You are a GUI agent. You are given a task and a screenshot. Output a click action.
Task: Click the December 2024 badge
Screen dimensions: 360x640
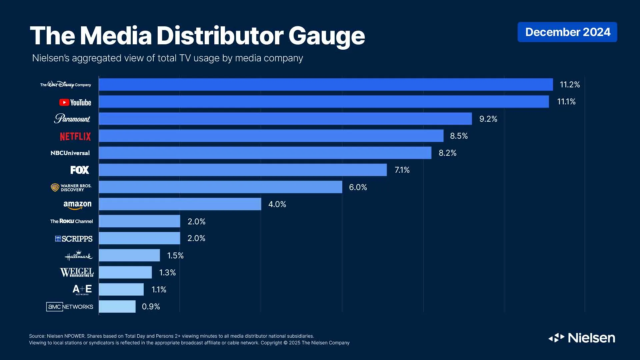tap(567, 32)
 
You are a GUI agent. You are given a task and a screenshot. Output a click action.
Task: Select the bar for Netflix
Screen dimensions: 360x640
tap(271, 136)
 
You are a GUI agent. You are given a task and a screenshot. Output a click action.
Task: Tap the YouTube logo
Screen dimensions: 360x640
tap(75, 102)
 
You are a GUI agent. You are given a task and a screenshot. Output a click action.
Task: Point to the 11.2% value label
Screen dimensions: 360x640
tap(570, 85)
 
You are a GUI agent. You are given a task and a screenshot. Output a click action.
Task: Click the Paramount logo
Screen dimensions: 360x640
tap(72, 119)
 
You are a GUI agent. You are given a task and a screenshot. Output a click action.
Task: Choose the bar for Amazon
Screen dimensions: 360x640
tap(180, 204)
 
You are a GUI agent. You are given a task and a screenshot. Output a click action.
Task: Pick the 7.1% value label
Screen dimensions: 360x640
tap(402, 170)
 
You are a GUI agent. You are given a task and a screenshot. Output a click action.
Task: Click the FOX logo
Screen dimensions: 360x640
tap(80, 170)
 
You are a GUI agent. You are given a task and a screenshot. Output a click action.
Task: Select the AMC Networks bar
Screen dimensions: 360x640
tap(117, 306)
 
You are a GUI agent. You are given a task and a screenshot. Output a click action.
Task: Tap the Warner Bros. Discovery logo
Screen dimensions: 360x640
tap(71, 187)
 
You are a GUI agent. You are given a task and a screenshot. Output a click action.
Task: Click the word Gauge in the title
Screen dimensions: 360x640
tap(326, 36)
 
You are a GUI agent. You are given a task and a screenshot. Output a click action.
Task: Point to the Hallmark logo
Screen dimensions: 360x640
tap(78, 256)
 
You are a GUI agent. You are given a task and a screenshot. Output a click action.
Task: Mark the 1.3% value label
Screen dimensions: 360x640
tap(167, 273)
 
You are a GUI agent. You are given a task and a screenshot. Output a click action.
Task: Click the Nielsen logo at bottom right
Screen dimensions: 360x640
tap(582, 338)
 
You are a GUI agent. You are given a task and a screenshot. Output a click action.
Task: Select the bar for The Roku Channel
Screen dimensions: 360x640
tap(139, 221)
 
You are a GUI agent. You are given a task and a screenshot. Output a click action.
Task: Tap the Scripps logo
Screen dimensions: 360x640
tap(74, 239)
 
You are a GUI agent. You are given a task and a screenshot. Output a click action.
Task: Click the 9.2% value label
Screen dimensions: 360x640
tap(488, 119)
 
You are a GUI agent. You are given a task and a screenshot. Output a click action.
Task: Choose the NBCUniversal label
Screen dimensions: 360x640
tap(70, 153)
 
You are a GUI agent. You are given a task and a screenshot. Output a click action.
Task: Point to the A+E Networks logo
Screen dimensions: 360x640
tap(82, 289)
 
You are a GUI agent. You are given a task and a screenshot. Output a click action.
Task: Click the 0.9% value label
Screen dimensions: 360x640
tap(151, 307)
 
